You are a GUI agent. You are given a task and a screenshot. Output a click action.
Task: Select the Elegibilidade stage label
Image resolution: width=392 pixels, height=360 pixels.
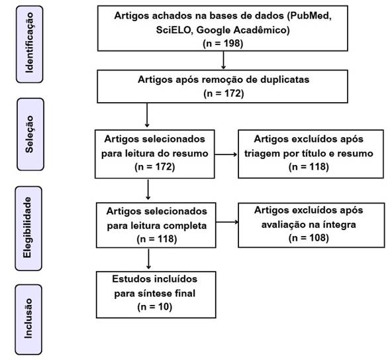28,228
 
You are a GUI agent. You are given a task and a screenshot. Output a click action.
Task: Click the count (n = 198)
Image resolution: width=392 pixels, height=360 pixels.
222,43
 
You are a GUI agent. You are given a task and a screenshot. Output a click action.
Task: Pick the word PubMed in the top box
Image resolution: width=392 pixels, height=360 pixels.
311,16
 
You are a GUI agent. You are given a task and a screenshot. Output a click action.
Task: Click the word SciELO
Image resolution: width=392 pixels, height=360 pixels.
173,30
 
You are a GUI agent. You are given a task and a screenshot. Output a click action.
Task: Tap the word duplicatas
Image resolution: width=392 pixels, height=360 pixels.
285,80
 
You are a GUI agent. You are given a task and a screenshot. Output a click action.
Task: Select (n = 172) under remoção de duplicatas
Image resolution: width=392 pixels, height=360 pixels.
224,93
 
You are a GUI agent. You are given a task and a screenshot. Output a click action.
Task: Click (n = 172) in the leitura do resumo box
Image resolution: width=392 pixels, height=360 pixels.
155,166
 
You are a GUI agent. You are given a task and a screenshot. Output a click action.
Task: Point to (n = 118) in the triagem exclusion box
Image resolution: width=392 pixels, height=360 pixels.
309,166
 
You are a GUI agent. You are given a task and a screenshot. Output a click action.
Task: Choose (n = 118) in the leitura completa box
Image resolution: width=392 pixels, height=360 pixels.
157,239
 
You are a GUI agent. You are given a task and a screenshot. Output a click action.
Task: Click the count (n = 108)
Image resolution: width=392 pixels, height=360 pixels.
309,238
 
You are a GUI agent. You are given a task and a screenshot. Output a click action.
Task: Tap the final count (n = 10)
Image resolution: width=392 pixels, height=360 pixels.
155,307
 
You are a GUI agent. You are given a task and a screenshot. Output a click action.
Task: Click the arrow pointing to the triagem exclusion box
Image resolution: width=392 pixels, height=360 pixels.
226,154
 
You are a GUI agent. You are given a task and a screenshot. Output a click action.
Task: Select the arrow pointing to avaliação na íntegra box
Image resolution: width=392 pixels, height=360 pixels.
227,222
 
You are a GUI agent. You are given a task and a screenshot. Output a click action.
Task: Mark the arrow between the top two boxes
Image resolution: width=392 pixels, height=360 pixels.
224,60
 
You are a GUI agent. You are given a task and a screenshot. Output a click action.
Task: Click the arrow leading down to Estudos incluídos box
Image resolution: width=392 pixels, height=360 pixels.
148,259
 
